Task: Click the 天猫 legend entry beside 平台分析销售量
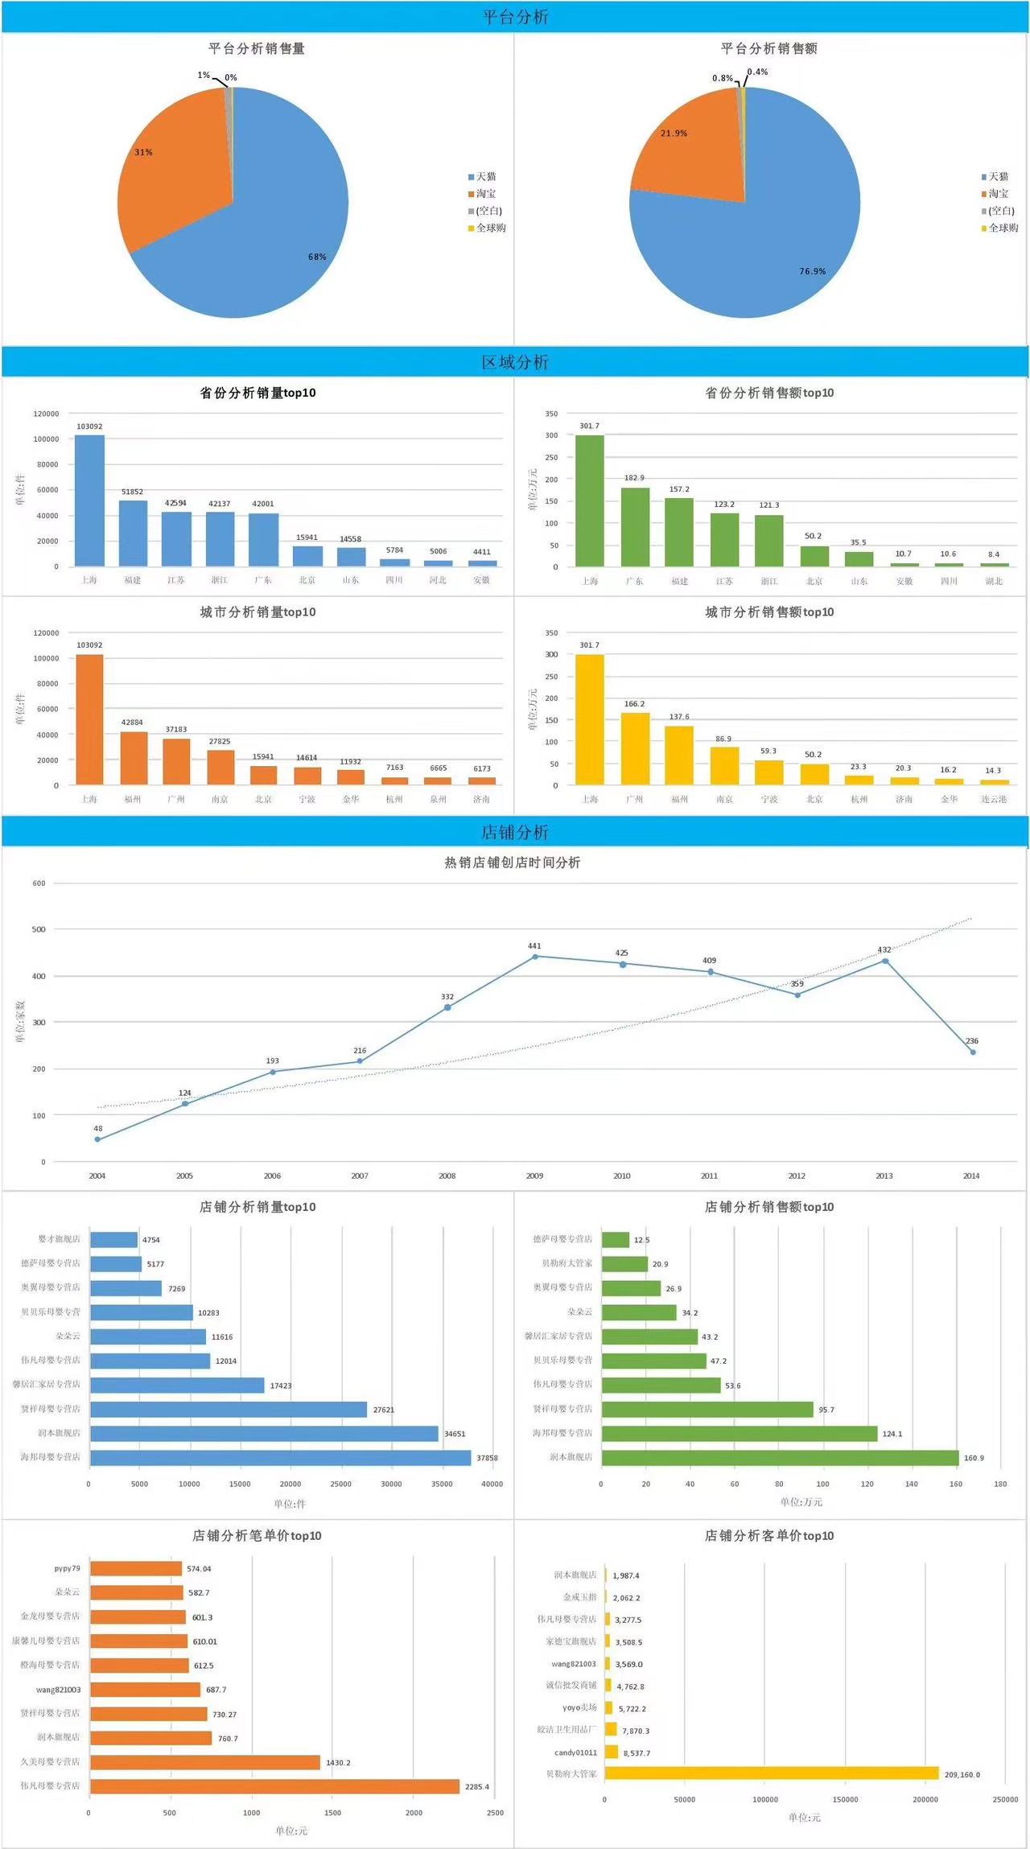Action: [x=482, y=177]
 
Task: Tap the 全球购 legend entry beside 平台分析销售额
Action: [x=999, y=229]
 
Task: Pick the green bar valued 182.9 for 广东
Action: [x=635, y=527]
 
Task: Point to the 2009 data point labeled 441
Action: [x=535, y=957]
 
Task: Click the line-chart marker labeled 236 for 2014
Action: [x=972, y=1052]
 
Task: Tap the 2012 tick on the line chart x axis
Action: [x=797, y=1176]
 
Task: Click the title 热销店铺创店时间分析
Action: [x=513, y=863]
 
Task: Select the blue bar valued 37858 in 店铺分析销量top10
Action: [x=280, y=1458]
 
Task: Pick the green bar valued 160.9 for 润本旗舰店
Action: [x=780, y=1458]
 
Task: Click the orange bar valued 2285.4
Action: [x=274, y=1786]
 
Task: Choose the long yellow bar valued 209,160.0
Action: [x=771, y=1773]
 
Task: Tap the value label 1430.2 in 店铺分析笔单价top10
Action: [x=338, y=1763]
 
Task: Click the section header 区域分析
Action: [x=515, y=362]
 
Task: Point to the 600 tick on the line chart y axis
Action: [x=39, y=883]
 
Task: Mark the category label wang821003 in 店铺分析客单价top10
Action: [x=574, y=1664]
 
